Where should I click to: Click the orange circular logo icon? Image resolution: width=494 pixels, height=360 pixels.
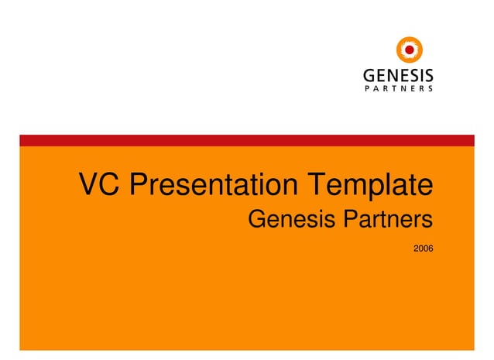[409, 51]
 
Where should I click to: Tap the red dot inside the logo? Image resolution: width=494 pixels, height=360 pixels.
[409, 51]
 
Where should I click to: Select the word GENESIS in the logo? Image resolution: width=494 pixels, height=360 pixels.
[398, 77]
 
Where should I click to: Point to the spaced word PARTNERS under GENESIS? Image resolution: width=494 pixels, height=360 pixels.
[398, 89]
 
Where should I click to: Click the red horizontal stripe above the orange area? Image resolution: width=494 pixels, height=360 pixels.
[246, 140]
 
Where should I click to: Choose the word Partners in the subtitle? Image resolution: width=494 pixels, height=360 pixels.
[387, 220]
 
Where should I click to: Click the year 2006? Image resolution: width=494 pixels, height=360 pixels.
[423, 248]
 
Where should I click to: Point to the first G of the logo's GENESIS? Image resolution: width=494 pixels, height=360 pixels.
[369, 77]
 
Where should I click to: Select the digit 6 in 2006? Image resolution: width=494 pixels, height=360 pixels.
[431, 248]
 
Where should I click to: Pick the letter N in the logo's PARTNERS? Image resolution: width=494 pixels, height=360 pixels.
[400, 89]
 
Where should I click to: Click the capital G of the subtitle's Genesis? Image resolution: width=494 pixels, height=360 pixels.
[258, 220]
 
